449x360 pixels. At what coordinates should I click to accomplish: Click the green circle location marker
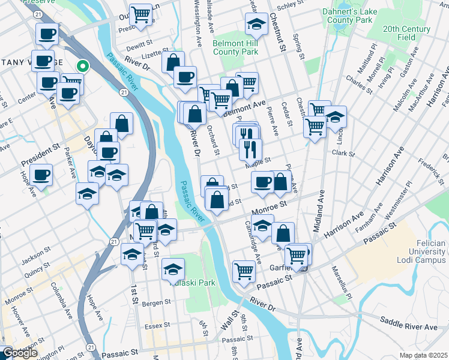(83, 67)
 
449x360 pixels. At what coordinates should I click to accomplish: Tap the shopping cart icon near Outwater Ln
(140, 14)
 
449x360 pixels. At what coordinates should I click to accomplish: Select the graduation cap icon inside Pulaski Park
(173, 269)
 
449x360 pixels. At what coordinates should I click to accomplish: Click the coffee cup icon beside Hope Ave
(41, 175)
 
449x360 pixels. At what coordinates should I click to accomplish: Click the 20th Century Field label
(408, 32)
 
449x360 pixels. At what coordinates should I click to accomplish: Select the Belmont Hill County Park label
(236, 47)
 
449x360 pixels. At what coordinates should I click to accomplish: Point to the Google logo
(20, 353)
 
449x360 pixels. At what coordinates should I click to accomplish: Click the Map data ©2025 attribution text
(423, 355)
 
